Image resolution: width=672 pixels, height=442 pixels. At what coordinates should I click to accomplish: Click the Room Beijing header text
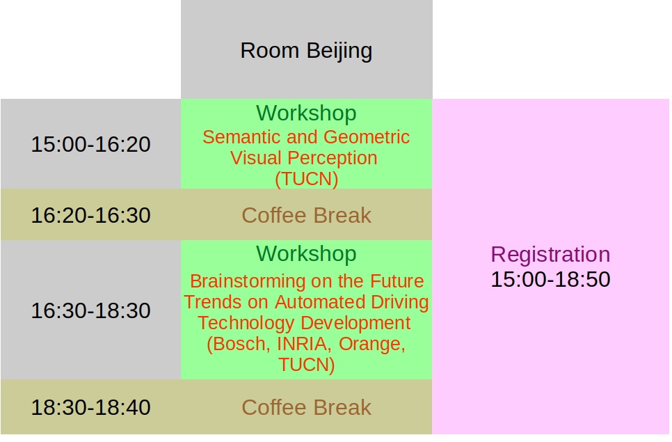(306, 51)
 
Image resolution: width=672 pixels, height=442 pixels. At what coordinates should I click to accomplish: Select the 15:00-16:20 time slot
(91, 144)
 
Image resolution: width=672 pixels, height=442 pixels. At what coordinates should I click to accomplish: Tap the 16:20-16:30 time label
(91, 215)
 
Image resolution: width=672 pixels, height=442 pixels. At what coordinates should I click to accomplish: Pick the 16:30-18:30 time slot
(91, 310)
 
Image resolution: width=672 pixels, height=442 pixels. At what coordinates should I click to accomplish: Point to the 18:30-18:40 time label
(91, 407)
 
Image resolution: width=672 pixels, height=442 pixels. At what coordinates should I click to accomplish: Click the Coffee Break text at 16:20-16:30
(306, 215)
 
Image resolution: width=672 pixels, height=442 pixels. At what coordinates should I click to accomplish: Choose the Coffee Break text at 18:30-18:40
(306, 407)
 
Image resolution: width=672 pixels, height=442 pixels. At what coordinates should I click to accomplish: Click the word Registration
(550, 255)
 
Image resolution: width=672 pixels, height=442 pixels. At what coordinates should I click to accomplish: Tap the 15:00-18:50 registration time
(550, 280)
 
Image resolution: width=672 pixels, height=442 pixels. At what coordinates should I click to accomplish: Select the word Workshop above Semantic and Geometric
(306, 113)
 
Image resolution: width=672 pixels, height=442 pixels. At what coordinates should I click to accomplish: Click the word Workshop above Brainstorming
(306, 254)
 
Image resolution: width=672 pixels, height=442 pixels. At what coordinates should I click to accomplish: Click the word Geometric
(367, 138)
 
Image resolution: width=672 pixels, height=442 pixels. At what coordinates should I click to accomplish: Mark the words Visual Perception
(304, 158)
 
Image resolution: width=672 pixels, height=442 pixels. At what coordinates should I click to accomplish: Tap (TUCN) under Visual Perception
(306, 179)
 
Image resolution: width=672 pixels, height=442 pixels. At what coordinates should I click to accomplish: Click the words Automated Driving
(351, 302)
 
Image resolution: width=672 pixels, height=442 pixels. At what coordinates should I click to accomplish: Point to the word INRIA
(304, 344)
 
